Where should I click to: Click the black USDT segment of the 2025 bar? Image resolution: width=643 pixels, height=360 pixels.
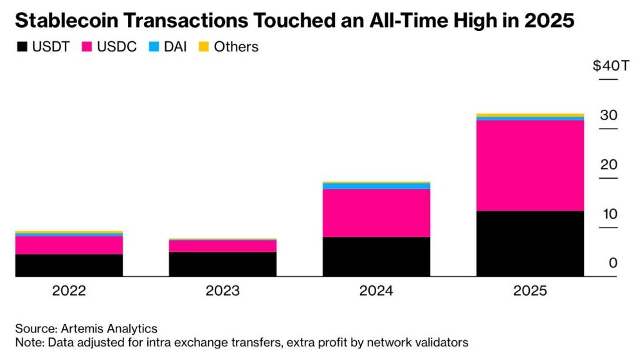click(x=530, y=244)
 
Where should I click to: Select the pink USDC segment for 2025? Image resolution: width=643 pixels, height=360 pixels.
click(x=530, y=165)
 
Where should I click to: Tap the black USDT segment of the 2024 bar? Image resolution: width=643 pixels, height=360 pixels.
click(x=376, y=256)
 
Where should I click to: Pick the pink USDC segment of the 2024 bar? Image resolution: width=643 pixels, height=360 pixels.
click(x=376, y=213)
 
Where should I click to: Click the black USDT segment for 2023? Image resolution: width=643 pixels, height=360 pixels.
click(x=222, y=264)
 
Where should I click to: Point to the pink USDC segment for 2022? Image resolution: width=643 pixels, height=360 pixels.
click(x=69, y=245)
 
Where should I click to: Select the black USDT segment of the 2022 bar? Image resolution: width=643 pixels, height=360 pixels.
click(x=69, y=265)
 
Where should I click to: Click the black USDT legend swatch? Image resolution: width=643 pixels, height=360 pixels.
click(x=22, y=47)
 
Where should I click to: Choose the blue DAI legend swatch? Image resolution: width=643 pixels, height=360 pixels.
click(x=154, y=47)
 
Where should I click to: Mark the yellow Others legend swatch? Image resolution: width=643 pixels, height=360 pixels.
click(x=202, y=47)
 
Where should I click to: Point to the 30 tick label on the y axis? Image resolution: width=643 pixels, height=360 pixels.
click(x=608, y=116)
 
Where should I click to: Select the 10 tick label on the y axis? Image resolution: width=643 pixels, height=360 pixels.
click(x=608, y=214)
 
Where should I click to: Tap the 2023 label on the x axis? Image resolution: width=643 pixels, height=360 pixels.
click(x=222, y=291)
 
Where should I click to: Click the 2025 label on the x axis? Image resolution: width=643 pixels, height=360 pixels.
click(x=530, y=291)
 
